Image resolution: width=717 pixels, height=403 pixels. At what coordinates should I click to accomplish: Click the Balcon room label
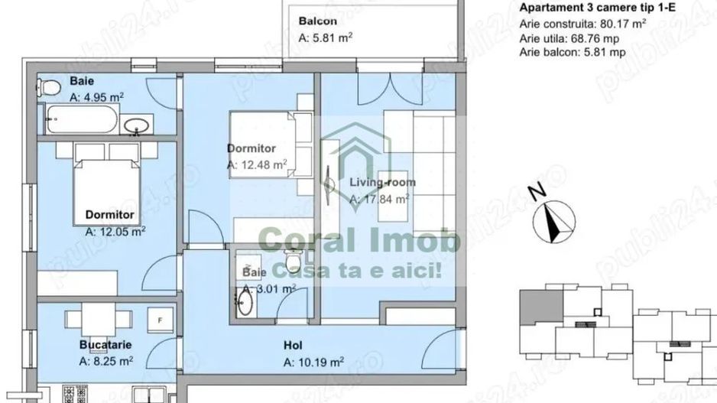(318, 21)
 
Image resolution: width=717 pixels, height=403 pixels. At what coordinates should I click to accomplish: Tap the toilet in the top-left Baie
(50, 89)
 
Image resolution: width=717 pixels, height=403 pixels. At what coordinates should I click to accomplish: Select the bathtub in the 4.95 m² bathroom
(82, 121)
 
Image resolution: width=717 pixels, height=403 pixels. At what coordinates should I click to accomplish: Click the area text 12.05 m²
(115, 229)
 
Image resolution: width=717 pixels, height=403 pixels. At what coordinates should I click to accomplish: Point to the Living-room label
(382, 182)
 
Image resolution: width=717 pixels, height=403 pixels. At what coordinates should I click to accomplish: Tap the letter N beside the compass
(538, 189)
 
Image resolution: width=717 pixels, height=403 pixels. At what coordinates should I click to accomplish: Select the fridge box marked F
(161, 319)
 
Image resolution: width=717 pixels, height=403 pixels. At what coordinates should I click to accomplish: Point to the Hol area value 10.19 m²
(313, 362)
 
